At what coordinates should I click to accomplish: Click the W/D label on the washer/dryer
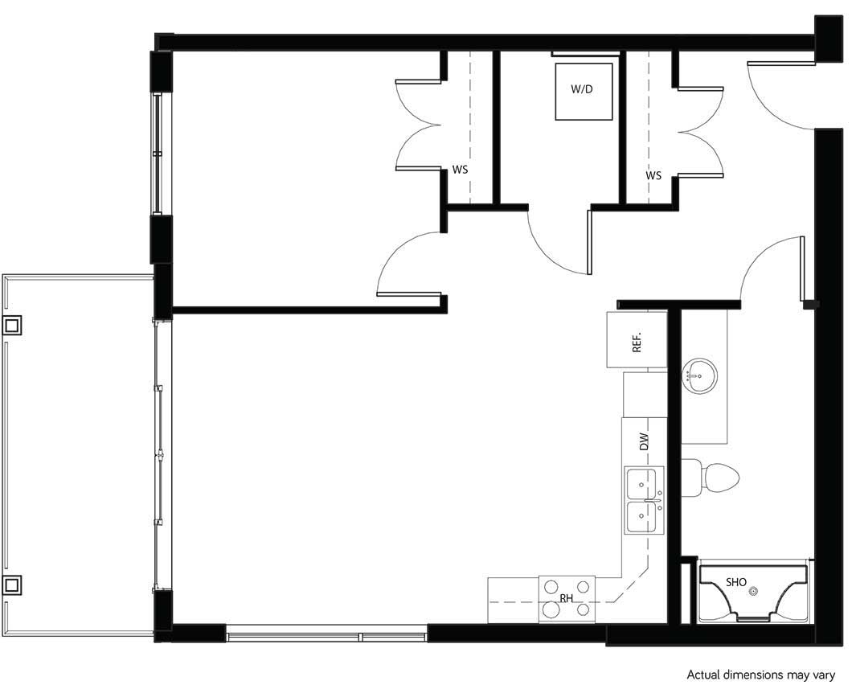pyautogui.click(x=581, y=89)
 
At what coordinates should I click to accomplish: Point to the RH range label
pyautogui.click(x=566, y=598)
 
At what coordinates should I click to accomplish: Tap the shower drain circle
pyautogui.click(x=753, y=592)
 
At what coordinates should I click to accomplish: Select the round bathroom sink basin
pyautogui.click(x=700, y=375)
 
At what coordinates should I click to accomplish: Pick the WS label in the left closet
pyautogui.click(x=460, y=170)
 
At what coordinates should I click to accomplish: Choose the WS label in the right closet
pyautogui.click(x=653, y=175)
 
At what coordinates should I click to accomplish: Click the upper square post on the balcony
pyautogui.click(x=13, y=325)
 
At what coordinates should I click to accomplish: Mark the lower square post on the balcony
pyautogui.click(x=13, y=584)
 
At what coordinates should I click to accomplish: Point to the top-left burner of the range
pyautogui.click(x=551, y=586)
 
